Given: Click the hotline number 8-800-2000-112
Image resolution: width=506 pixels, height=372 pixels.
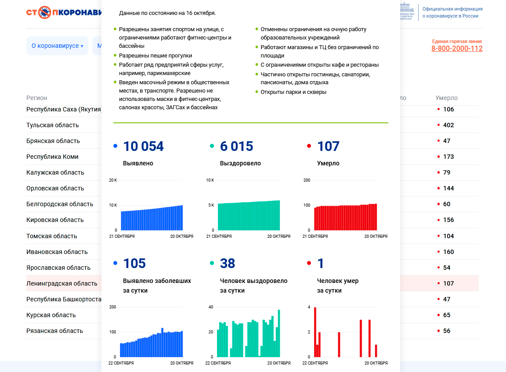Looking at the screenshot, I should pos(457,49).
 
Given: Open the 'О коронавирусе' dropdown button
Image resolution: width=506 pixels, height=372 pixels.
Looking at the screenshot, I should pos(57,46).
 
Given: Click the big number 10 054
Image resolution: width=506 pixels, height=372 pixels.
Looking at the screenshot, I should pos(143,147).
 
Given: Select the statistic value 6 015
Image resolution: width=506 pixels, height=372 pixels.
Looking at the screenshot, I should pos(236,147).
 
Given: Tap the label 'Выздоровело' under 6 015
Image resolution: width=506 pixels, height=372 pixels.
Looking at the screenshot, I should pos(240,163).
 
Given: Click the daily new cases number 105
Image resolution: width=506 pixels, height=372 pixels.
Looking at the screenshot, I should pos(134,264).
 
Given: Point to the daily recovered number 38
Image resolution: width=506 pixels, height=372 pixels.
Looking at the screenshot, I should pos(228,264).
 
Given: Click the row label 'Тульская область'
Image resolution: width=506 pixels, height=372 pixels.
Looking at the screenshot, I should pos(53,125).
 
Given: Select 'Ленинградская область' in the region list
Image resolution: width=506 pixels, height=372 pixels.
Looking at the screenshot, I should pos(62,283).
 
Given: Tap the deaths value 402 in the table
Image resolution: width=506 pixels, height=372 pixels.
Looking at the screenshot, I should pos(448,125).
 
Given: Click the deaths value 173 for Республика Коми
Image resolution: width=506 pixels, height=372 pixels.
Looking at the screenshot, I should pos(448,157).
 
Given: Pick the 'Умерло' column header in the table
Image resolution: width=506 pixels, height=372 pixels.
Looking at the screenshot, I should pos(446,98).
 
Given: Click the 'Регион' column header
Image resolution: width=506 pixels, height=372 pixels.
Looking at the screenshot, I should pos(36,98).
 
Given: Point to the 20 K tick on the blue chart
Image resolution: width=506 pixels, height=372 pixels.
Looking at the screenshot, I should pos(113,180).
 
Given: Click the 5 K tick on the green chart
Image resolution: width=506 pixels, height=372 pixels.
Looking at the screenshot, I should pos(210,205).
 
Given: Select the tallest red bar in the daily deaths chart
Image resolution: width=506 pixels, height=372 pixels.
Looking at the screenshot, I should pos(315,332).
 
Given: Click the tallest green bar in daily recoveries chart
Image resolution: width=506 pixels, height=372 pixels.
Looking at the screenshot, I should pos(279,333).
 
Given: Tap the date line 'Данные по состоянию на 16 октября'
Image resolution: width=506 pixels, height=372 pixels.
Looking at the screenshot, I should pos(167,13).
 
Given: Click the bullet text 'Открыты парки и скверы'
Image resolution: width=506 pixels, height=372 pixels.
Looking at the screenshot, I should pos(293,92).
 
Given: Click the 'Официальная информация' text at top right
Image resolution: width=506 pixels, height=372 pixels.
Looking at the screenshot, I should pos(452,9).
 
